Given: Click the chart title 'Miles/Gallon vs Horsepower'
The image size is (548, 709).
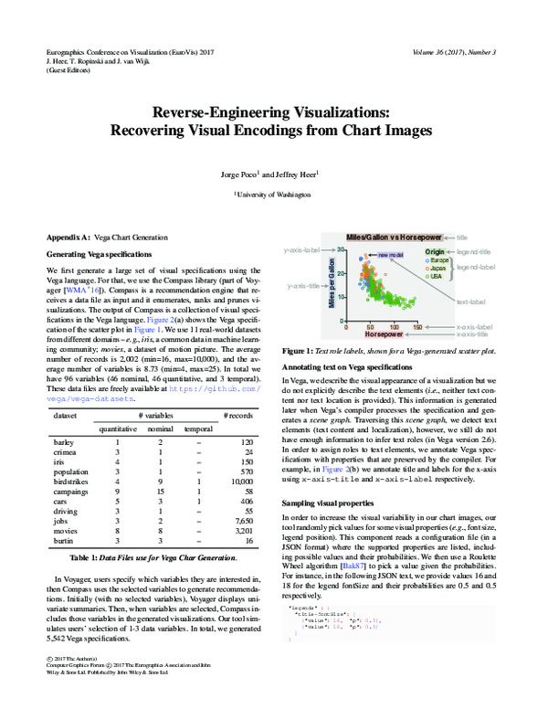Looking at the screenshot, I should (393, 238).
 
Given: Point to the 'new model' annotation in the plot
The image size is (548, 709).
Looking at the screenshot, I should (390, 255).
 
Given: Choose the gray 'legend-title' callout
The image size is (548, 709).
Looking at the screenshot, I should (477, 251).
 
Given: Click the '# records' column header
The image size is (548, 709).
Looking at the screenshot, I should (238, 417).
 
